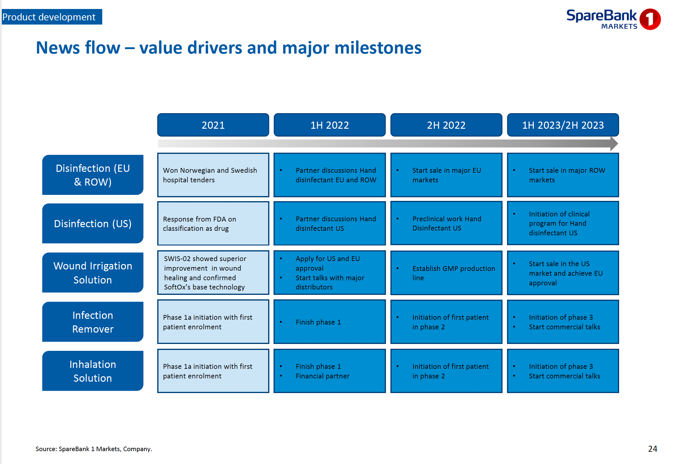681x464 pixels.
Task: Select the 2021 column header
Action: pos(213,125)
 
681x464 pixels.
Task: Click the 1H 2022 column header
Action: pos(329,125)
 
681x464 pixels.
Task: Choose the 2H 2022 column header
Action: pos(446,125)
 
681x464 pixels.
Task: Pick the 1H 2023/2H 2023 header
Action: pos(563,125)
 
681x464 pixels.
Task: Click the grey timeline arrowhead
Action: pos(614,144)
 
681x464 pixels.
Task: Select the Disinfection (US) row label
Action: pos(93,224)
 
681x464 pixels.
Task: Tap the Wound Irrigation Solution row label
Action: pos(93,273)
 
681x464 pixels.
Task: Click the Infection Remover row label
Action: pos(93,322)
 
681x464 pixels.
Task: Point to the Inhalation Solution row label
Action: pos(93,371)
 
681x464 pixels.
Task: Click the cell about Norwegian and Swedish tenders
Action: pos(213,175)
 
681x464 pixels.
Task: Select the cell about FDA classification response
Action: pos(213,224)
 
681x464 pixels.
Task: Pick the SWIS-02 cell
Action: pos(213,273)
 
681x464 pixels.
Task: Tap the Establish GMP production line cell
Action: pos(446,273)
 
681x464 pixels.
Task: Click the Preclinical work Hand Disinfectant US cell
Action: pos(446,224)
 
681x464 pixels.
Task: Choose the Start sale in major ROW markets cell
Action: pos(563,175)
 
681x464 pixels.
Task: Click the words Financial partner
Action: pos(323,376)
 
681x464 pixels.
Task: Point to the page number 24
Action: pos(653,449)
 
